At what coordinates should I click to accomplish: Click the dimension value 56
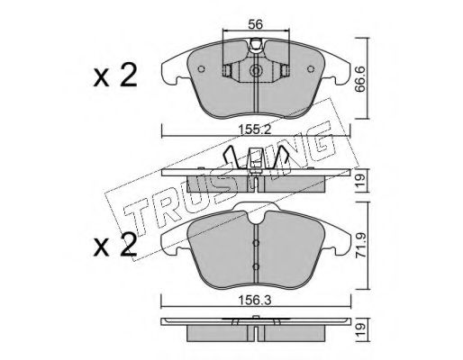pos(256,24)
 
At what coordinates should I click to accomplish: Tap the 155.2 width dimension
pos(255,130)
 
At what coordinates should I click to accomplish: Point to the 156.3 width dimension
pos(255,300)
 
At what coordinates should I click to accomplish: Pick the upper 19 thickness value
pos(361,180)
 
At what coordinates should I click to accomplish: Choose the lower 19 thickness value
pos(361,329)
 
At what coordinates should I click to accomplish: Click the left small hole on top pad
pos(202,69)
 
